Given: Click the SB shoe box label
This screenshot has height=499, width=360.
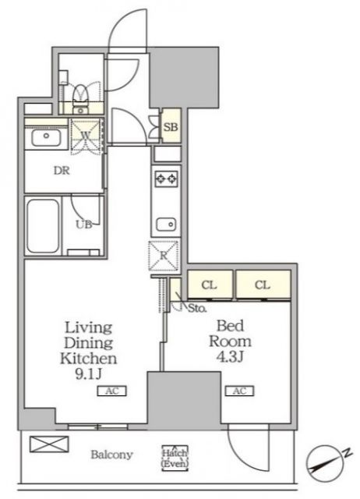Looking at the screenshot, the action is pyautogui.click(x=171, y=127).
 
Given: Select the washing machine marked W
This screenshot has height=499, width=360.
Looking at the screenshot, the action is pyautogui.click(x=86, y=136).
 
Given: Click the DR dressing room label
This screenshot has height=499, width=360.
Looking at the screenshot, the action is pyautogui.click(x=62, y=171).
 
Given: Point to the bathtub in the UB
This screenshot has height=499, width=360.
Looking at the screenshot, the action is pyautogui.click(x=43, y=225).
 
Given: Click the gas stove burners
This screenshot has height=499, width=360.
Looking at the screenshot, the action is pyautogui.click(x=166, y=179).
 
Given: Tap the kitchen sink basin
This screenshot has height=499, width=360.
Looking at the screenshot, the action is pyautogui.click(x=166, y=224).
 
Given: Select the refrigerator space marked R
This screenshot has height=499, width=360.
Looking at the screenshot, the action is pyautogui.click(x=164, y=256).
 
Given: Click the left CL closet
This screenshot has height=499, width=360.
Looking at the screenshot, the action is pyautogui.click(x=210, y=285).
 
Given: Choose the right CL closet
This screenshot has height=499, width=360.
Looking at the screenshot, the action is pyautogui.click(x=263, y=285).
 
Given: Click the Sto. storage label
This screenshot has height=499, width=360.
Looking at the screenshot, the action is pyautogui.click(x=197, y=308).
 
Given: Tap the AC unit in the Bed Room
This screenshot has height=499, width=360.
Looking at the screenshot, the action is pyautogui.click(x=239, y=391).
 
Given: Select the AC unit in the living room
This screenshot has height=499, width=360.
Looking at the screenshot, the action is pyautogui.click(x=112, y=391).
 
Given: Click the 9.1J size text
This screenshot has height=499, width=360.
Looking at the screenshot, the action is pyautogui.click(x=88, y=374).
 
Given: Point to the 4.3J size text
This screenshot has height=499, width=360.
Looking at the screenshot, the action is pyautogui.click(x=230, y=357).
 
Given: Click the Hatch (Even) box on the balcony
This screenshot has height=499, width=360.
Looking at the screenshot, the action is pyautogui.click(x=175, y=458).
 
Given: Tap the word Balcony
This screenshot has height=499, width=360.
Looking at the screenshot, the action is pyautogui.click(x=111, y=455).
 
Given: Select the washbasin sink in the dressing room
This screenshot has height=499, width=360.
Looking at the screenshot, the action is pyautogui.click(x=47, y=138).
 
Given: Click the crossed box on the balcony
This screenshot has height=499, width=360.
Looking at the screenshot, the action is pyautogui.click(x=49, y=444).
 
